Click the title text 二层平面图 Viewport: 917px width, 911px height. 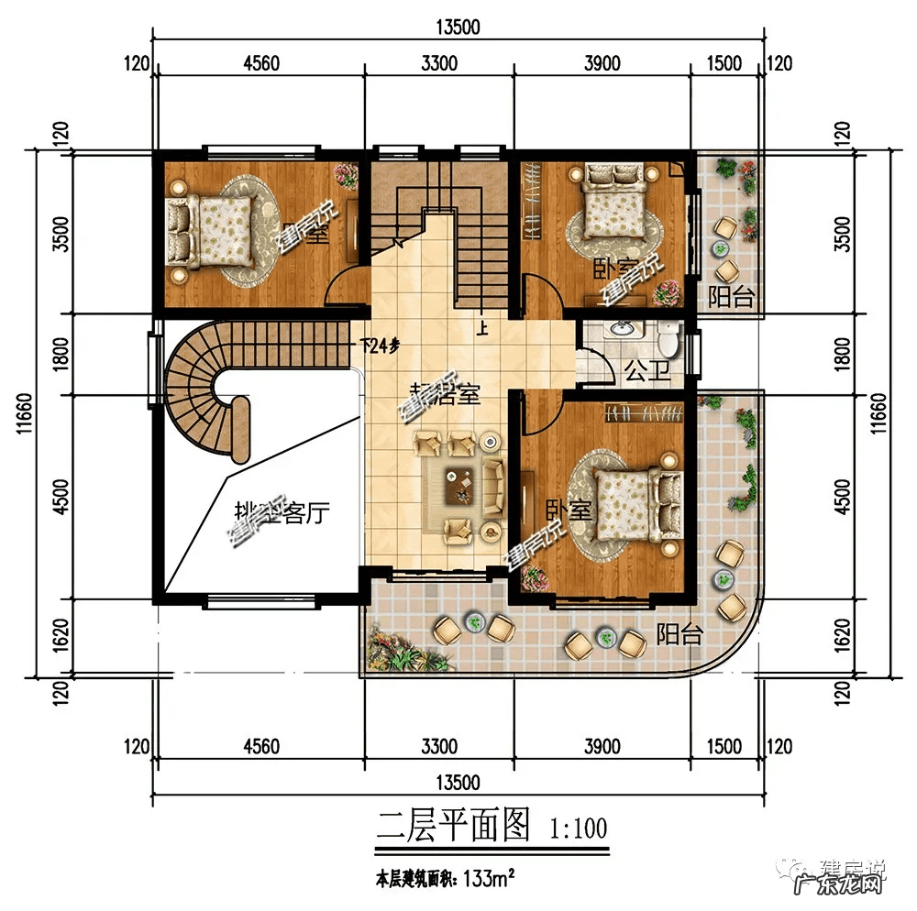[x=454, y=828]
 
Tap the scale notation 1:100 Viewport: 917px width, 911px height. [x=578, y=829]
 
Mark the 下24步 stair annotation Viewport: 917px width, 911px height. [x=380, y=346]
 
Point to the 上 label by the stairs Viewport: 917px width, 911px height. [x=481, y=329]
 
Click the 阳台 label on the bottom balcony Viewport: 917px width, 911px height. [x=679, y=634]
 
